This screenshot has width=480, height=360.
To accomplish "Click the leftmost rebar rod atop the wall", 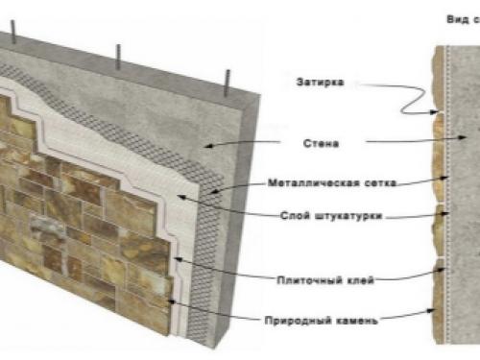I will click(16, 37).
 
